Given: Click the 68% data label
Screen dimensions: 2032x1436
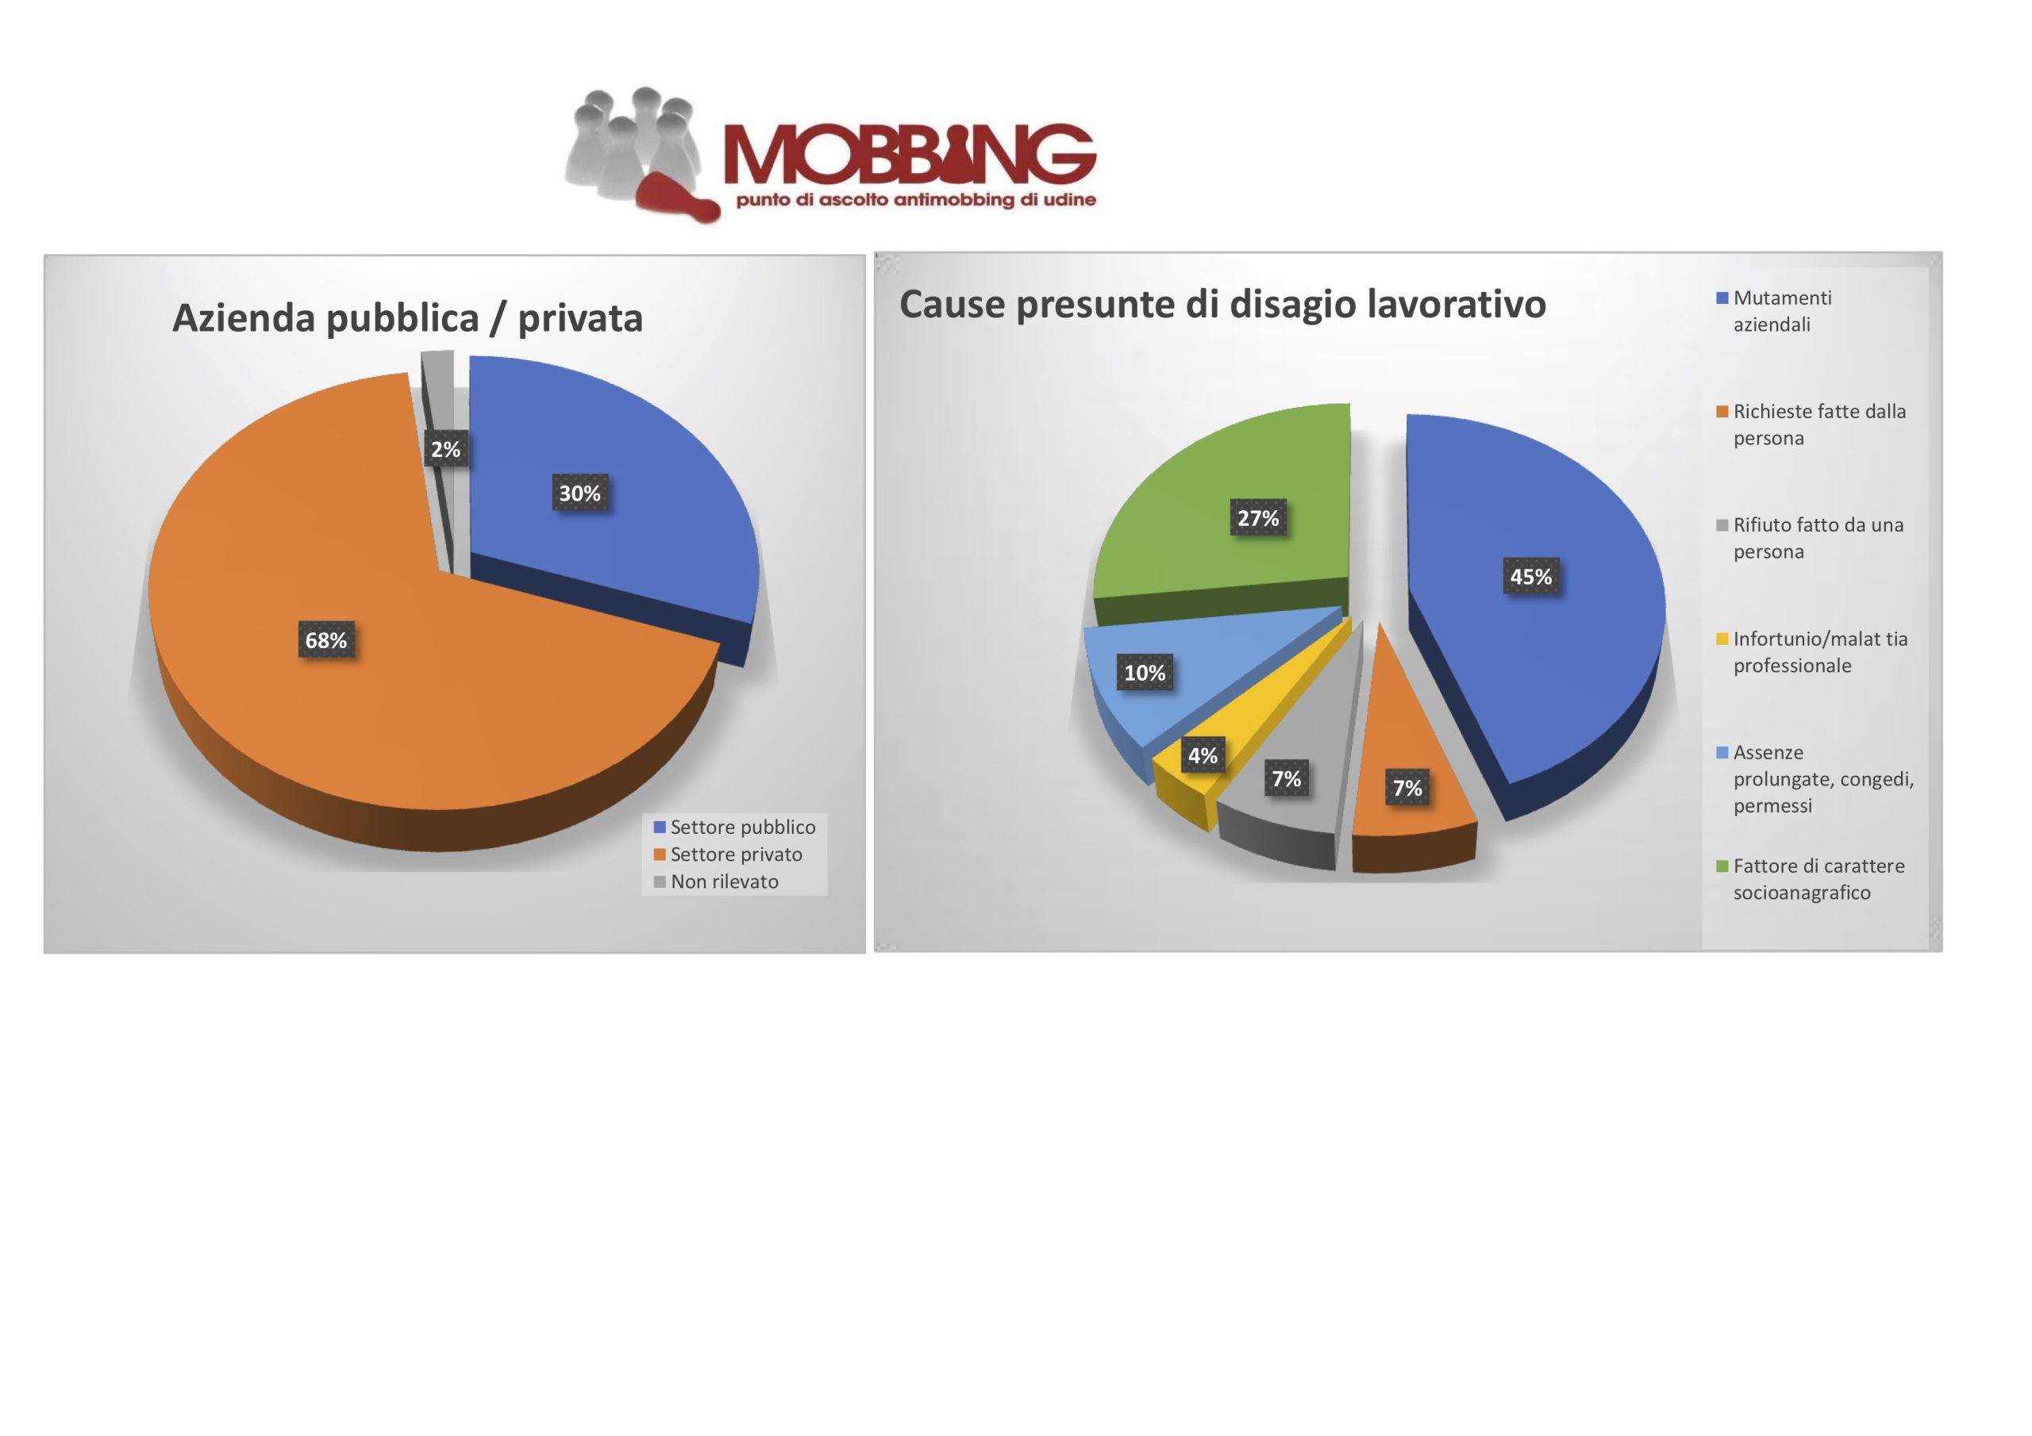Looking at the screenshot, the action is [325, 639].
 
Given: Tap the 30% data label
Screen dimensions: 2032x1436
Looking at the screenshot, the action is [579, 493].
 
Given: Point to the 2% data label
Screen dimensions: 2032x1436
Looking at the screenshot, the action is [445, 448].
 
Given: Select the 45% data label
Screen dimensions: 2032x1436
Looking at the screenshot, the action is [1531, 576].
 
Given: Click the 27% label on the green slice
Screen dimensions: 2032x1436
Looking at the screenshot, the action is [1257, 517].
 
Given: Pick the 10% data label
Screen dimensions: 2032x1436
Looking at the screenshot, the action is [1145, 673].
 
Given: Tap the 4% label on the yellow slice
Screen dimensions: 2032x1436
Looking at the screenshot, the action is [1203, 754].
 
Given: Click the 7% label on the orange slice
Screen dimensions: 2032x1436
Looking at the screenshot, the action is [1407, 788].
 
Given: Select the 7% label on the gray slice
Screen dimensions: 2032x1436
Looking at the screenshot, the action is [1286, 778].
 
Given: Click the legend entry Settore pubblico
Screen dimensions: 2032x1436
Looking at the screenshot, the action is [734, 827].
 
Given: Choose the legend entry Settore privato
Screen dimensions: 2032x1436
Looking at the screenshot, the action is [728, 854].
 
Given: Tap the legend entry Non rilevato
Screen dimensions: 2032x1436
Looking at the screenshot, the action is [716, 882].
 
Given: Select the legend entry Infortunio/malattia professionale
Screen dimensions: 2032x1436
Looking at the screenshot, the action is [1811, 652].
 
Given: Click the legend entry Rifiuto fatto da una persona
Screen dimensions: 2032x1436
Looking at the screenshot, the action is [1810, 538].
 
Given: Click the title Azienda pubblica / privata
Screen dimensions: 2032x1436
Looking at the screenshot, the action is [407, 318].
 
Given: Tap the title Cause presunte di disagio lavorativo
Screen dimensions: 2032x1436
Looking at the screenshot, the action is [1222, 305].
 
